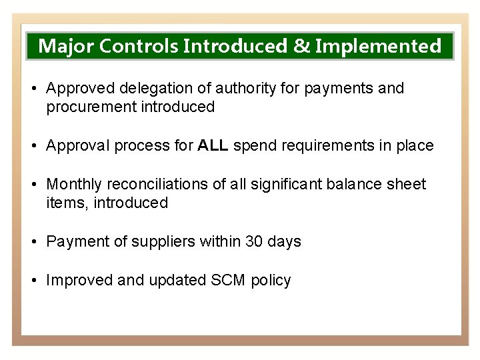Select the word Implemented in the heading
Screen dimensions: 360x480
(378, 46)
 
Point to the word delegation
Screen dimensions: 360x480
(151, 88)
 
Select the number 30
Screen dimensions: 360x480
(255, 241)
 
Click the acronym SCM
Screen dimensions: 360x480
(227, 280)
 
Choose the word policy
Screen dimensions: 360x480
(271, 280)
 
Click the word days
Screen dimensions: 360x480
(285, 241)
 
